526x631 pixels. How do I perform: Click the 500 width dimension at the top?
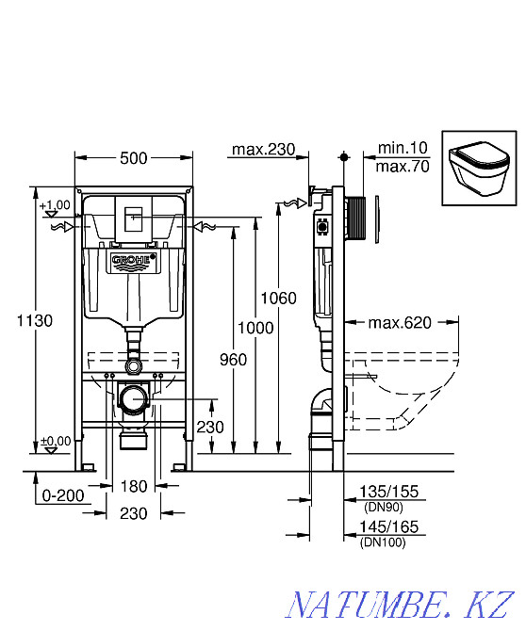coord(134,158)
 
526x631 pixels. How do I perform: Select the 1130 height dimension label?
coord(35,321)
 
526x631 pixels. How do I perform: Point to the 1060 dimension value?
coord(279,299)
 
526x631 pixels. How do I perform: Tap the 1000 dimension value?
coord(255,328)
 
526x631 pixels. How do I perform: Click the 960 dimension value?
coord(233,360)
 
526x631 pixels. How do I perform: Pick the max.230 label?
coord(264,150)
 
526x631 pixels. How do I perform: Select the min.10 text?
coord(403,148)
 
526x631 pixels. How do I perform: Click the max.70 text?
coord(403,166)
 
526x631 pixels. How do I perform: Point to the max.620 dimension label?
coord(400,322)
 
